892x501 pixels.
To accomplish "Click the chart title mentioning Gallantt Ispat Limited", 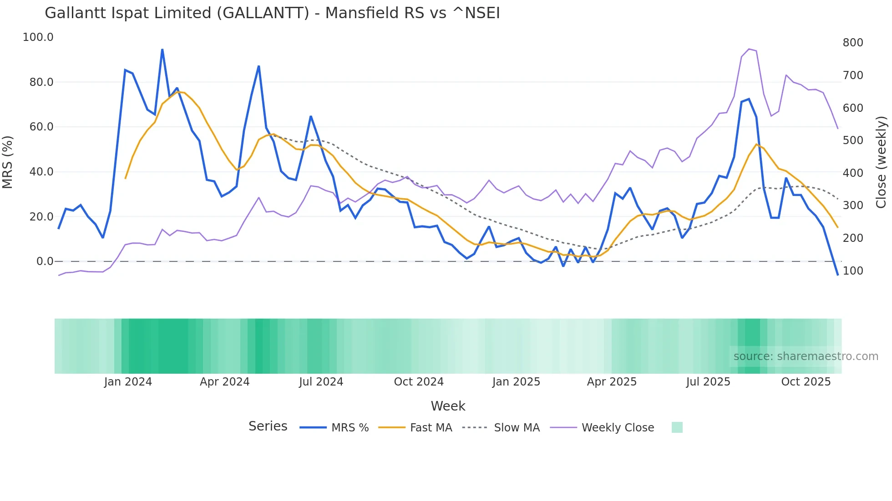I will pos(272,13).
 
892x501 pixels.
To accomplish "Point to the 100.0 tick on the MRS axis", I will pos(38,37).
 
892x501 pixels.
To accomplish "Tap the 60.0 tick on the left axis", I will pos(41,127).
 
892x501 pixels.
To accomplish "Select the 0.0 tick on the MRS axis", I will pos(45,261).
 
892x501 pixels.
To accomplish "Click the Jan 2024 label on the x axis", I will pos(128,382).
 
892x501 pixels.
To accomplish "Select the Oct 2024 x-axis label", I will pos(419,382).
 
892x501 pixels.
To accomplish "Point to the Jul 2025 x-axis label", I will pos(708,382).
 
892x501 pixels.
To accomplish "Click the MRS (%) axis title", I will pos(8,162).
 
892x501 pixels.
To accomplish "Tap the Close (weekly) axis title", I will pos(881,162).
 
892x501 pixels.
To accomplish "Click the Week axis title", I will pos(448,406).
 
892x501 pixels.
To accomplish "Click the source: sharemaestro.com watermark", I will pos(806,356).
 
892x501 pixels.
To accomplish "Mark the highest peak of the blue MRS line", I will pos(162,49).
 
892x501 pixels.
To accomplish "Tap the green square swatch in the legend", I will pos(677,427).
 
